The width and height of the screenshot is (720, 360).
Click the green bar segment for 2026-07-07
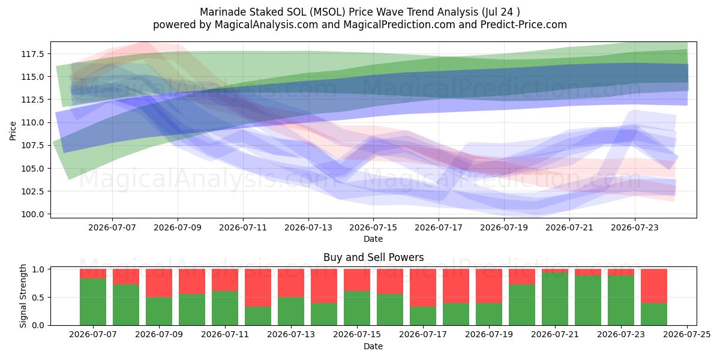click(x=93, y=302)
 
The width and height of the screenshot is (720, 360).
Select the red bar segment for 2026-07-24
click(x=654, y=286)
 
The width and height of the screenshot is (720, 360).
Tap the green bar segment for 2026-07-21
click(x=555, y=299)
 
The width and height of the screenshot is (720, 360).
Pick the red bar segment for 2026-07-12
click(x=258, y=287)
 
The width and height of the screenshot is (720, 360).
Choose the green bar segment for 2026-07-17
click(x=423, y=316)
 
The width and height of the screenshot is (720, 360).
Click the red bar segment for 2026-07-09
click(x=159, y=283)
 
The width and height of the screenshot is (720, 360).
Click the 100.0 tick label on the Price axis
click(x=32, y=214)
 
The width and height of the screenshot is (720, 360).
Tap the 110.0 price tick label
click(x=32, y=122)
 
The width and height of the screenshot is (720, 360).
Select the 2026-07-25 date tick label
click(x=687, y=335)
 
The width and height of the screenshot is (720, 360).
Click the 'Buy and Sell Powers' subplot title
click(x=373, y=257)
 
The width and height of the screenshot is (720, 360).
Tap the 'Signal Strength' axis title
click(x=23, y=296)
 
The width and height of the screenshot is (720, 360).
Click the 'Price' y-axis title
click(x=13, y=131)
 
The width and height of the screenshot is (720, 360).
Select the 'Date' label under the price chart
click(x=373, y=239)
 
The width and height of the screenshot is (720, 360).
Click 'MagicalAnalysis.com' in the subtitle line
click(x=266, y=25)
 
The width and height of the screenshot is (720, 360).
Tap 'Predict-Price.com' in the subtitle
click(x=524, y=25)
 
